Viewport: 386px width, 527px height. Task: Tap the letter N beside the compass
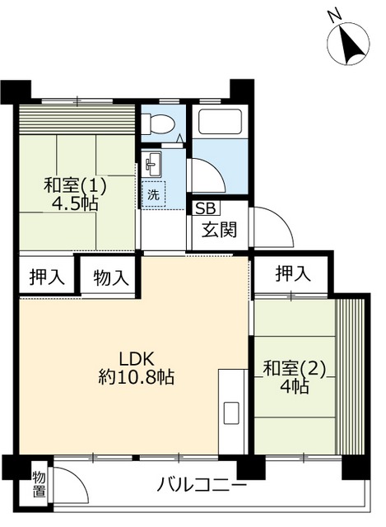click(x=333, y=15)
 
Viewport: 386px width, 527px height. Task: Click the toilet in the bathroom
click(x=158, y=124)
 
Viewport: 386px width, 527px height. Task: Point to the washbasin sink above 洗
click(x=151, y=165)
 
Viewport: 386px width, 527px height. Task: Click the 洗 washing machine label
click(x=153, y=195)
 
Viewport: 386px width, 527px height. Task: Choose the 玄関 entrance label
click(x=219, y=229)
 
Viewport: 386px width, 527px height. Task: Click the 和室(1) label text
click(x=76, y=185)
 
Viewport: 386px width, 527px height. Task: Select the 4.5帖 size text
click(x=76, y=203)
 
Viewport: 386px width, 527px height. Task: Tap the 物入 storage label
click(x=110, y=277)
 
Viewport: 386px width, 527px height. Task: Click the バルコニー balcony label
click(x=198, y=483)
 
